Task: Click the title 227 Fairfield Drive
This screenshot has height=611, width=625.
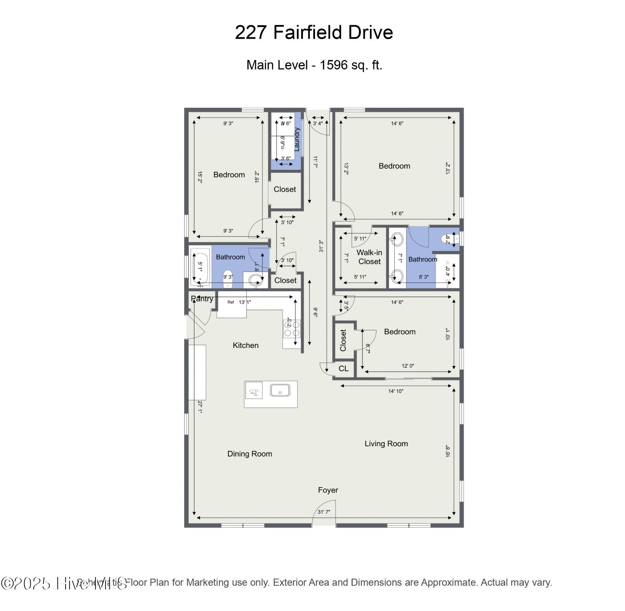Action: point(314,32)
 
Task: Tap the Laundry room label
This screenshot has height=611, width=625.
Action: point(297,139)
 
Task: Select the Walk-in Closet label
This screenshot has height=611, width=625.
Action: point(369,257)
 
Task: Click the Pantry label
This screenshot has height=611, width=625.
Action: point(202,299)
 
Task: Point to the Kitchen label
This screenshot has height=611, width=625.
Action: point(246,345)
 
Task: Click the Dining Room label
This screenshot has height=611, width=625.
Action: point(250,454)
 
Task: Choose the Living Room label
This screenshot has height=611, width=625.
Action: point(386,444)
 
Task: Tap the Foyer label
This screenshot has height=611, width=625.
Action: point(328,490)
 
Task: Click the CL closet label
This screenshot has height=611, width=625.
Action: point(343,368)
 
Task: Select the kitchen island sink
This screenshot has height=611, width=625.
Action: point(280,390)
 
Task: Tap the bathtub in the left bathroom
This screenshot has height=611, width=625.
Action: point(200,267)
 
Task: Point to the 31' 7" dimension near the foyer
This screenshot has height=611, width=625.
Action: point(324,512)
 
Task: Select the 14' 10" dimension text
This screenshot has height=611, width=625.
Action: point(395,391)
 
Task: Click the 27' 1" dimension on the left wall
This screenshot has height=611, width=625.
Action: point(200,407)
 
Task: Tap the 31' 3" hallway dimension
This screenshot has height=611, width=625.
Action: point(321,246)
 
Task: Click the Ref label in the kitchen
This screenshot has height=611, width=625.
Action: point(231,302)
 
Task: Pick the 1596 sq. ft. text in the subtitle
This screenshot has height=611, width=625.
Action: point(351,65)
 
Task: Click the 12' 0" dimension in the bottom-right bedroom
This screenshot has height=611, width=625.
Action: point(408,366)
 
